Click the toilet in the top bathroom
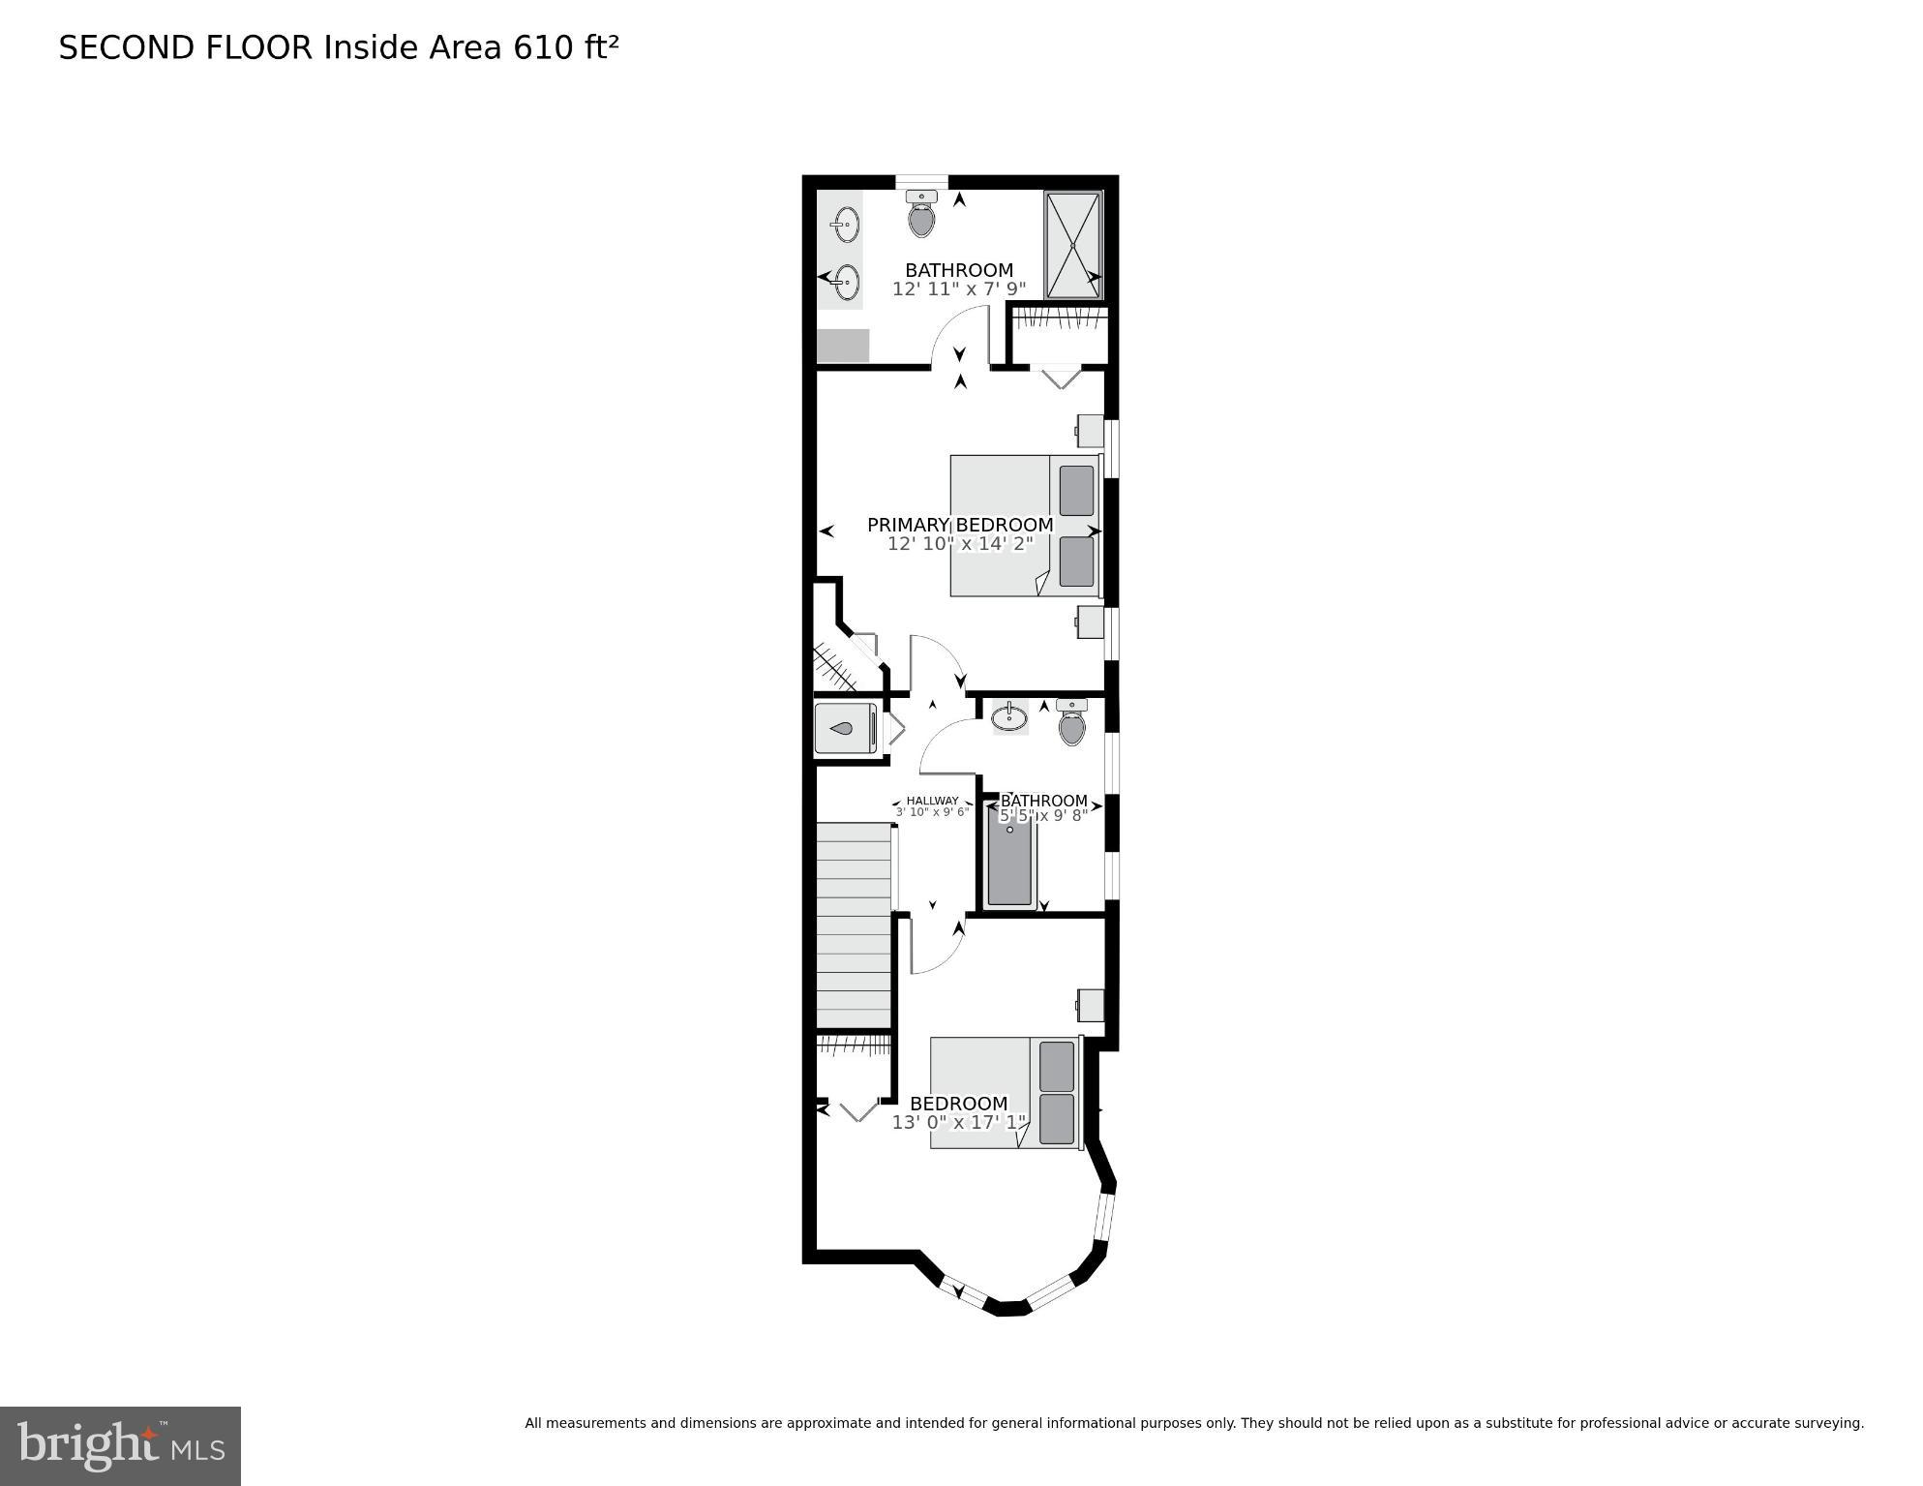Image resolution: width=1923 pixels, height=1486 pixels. point(921,216)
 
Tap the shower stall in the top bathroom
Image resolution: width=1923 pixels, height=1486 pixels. point(1072,246)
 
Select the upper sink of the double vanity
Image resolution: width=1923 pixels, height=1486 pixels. point(845,226)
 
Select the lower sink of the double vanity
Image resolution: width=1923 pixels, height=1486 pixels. point(846,283)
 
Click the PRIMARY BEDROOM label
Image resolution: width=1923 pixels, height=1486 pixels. point(959,525)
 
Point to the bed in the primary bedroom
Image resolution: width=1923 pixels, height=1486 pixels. point(1025,526)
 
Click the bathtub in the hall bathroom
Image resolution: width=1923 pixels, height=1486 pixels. point(1009,858)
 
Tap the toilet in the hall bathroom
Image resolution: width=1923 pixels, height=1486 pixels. point(1071,724)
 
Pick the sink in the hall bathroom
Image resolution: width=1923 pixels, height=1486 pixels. point(1009,717)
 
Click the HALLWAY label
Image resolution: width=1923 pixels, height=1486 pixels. point(932,801)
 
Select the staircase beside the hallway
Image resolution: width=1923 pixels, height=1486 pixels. point(854,925)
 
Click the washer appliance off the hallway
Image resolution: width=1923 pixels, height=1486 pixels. point(845,728)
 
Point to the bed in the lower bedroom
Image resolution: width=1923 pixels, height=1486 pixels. point(1004,1093)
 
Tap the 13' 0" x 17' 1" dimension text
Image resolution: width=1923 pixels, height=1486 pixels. point(958,1123)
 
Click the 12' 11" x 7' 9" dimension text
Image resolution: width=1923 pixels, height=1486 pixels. point(958,288)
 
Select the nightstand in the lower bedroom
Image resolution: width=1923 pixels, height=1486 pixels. point(1091,1005)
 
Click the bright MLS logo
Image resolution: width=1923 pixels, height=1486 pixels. point(120,1445)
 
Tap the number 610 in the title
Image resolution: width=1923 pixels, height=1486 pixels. point(543,47)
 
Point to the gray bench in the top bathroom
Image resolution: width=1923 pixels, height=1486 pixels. point(843,346)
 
